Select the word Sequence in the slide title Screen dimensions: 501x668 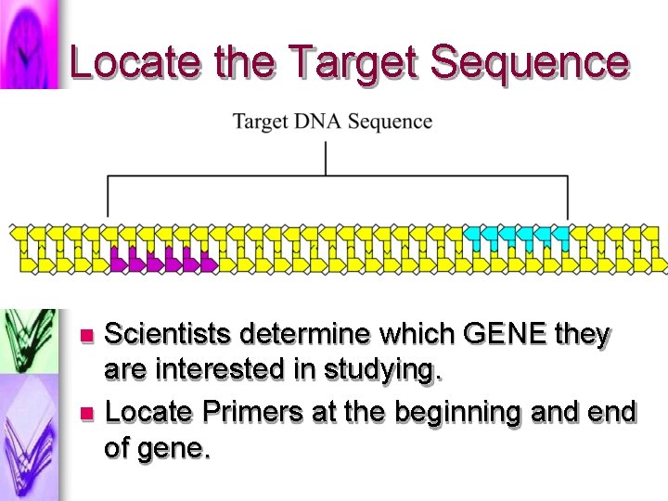click(x=530, y=62)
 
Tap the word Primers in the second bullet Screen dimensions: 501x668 click(x=256, y=410)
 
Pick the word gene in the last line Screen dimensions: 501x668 click(x=177, y=450)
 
